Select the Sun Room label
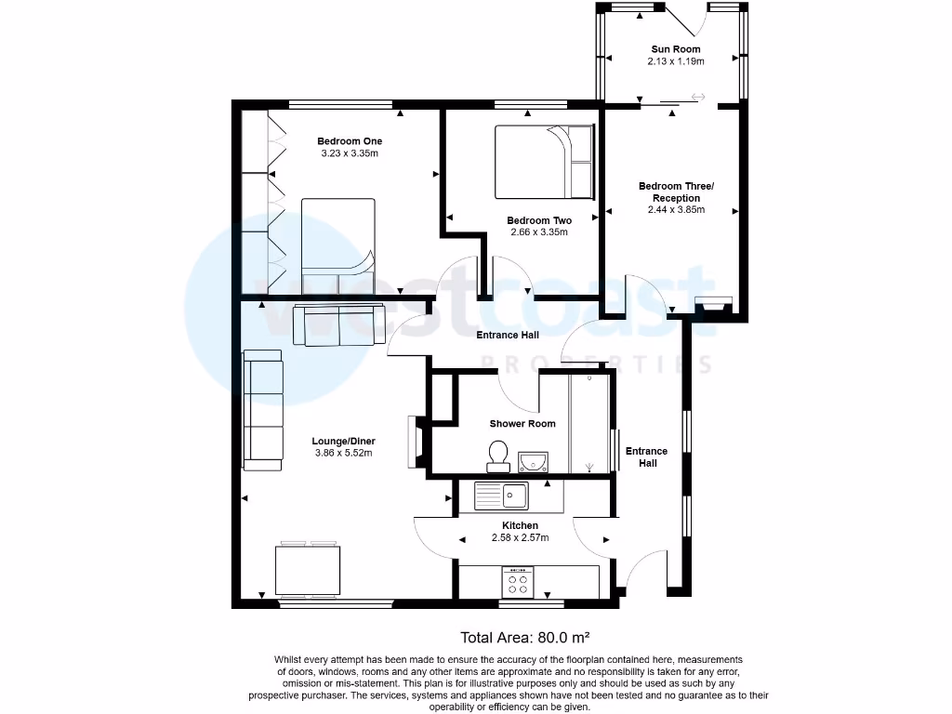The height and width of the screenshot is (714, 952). (x=676, y=49)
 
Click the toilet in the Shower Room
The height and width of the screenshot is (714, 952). (x=497, y=454)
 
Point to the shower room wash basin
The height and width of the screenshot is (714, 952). (x=534, y=459)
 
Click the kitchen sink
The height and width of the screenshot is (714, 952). (x=502, y=496)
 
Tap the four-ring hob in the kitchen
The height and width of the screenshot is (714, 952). (x=517, y=583)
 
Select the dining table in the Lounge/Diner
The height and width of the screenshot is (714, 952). (x=308, y=571)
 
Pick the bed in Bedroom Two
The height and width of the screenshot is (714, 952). (x=543, y=162)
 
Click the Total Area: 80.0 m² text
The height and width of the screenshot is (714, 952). (x=525, y=638)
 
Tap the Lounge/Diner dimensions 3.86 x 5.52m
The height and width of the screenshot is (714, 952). (x=343, y=454)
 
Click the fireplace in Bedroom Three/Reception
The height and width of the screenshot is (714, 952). (x=714, y=304)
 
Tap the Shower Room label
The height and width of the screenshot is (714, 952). (x=522, y=424)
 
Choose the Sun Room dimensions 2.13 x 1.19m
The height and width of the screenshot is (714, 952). (x=676, y=61)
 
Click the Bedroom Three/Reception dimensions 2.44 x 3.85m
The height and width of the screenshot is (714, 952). (x=676, y=210)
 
